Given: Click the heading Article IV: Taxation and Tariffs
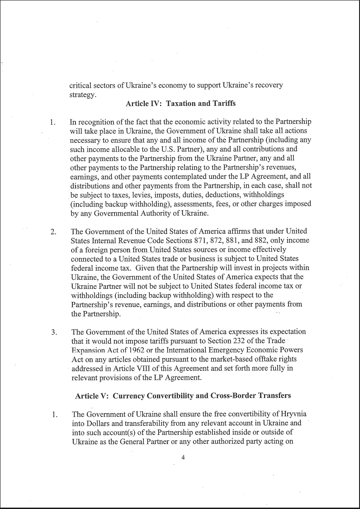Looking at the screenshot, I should click(x=180, y=103).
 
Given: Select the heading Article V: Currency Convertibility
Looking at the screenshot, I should click(x=183, y=396).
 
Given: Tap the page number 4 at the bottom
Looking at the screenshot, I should click(x=183, y=457).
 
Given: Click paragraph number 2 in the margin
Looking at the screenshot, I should click(x=53, y=232).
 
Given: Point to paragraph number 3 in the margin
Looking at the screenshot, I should click(x=54, y=333).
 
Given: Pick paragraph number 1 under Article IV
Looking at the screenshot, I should click(x=52, y=123).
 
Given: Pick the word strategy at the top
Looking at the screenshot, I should click(x=83, y=94).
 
